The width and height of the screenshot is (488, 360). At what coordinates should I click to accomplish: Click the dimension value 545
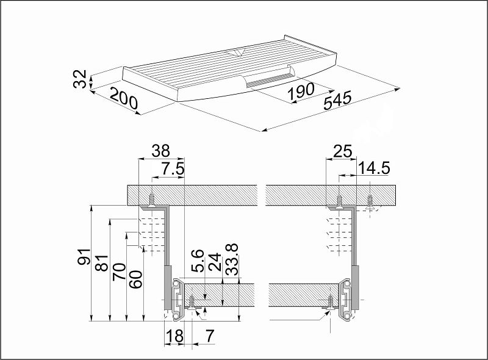click(337, 100)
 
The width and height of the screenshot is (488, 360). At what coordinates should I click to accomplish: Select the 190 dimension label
click(301, 92)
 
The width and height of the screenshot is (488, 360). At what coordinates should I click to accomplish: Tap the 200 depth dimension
click(124, 98)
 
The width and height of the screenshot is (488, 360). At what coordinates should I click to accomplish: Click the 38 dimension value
click(161, 151)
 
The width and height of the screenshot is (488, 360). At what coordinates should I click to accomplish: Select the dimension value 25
click(343, 151)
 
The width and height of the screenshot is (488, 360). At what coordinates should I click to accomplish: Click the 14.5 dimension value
click(373, 168)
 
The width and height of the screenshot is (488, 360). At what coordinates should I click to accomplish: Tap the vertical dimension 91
click(84, 257)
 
